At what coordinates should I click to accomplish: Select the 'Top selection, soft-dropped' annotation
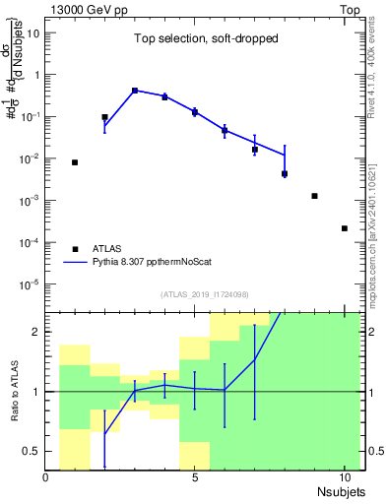[x=204, y=39]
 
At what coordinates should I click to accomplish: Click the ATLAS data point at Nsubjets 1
[x=75, y=162]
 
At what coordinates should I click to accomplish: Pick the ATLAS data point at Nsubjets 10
[x=344, y=228]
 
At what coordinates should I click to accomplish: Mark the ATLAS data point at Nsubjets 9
[x=314, y=196]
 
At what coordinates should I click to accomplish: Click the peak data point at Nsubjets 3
[x=135, y=91]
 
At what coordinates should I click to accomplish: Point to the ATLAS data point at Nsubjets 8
[x=285, y=174]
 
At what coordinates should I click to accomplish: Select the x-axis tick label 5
[x=195, y=477]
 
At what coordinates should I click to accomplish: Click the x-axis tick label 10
[x=344, y=477]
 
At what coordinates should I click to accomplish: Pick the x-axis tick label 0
[x=46, y=477]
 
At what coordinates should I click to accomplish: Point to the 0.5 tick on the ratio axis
[x=32, y=451]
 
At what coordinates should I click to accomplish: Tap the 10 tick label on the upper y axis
[x=32, y=32]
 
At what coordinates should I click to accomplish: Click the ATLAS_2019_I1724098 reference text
[x=204, y=294]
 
